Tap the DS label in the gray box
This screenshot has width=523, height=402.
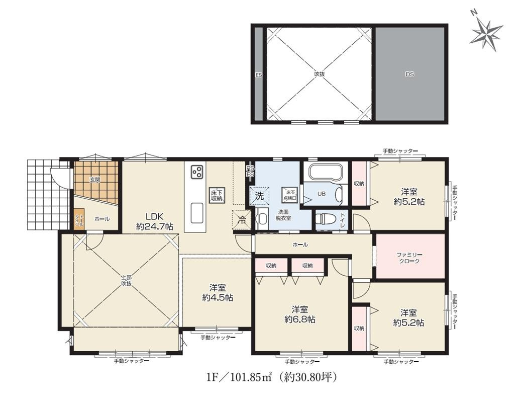(x=410, y=74)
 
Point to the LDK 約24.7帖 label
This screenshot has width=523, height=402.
(x=155, y=221)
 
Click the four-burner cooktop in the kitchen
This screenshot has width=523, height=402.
(x=196, y=172)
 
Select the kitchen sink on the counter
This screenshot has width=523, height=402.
(x=196, y=211)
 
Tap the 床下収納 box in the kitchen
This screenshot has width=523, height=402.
(x=217, y=195)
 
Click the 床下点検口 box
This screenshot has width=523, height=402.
(x=290, y=195)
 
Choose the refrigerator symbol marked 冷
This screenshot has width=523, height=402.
(x=242, y=219)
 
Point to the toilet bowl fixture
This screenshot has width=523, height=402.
(x=325, y=219)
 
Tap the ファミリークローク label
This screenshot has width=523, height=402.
(x=411, y=258)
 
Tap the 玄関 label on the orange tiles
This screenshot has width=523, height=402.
(x=95, y=180)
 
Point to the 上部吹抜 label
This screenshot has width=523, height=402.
(x=126, y=280)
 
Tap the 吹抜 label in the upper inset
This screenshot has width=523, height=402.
(x=320, y=74)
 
